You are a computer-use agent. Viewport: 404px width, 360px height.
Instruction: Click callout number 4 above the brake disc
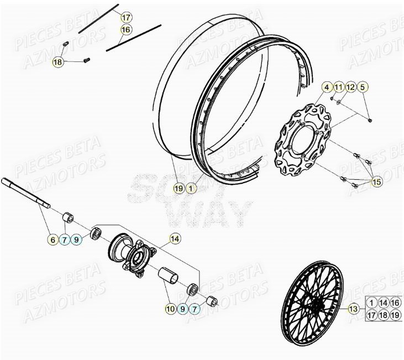coord(327,87)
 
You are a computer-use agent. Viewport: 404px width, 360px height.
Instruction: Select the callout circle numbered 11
coord(338,87)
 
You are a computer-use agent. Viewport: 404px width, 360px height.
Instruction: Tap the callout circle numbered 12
coord(350,87)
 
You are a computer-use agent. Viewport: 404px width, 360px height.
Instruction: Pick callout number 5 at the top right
coord(363,87)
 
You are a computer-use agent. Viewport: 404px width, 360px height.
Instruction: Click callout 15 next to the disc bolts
coord(376,181)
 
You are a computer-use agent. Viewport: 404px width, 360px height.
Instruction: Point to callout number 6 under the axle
coord(53,239)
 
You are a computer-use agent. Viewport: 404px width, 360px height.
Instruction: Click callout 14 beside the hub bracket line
coord(174,239)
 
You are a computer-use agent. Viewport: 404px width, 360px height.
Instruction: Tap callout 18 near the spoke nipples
coord(57,62)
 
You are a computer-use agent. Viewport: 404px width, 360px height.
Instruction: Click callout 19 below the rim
coord(178,189)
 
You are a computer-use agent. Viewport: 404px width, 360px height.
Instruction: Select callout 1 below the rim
coord(190,189)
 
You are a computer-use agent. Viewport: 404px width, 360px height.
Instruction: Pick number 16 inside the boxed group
coord(396,302)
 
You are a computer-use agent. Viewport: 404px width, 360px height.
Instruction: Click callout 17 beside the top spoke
coord(125,17)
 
